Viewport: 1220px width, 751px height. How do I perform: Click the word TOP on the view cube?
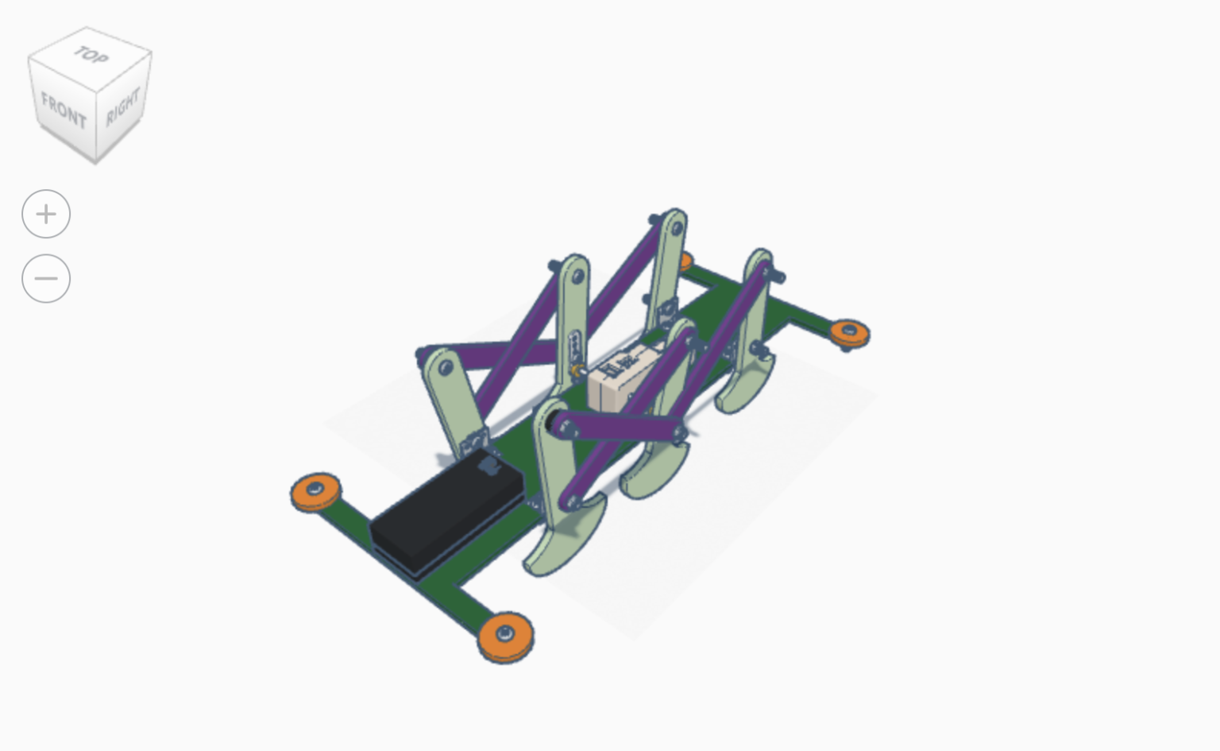(x=91, y=56)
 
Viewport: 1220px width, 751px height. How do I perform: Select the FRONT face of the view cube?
(x=64, y=110)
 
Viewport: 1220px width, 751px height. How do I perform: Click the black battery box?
(x=446, y=513)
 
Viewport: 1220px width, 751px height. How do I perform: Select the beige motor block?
(x=627, y=376)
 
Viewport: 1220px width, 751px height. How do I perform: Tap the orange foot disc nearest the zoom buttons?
(x=316, y=492)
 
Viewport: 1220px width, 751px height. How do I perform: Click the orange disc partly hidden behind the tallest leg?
(x=685, y=261)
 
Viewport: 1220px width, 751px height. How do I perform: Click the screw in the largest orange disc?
(x=505, y=633)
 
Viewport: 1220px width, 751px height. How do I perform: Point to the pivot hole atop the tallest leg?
(x=677, y=230)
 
